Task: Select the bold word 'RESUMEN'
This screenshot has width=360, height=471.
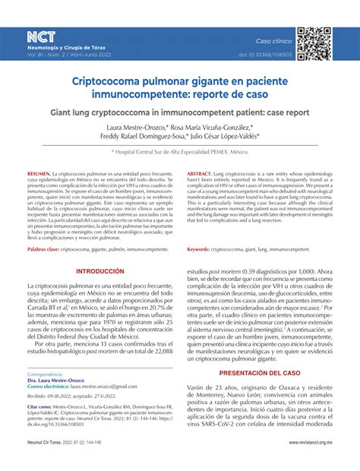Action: (39, 175)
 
